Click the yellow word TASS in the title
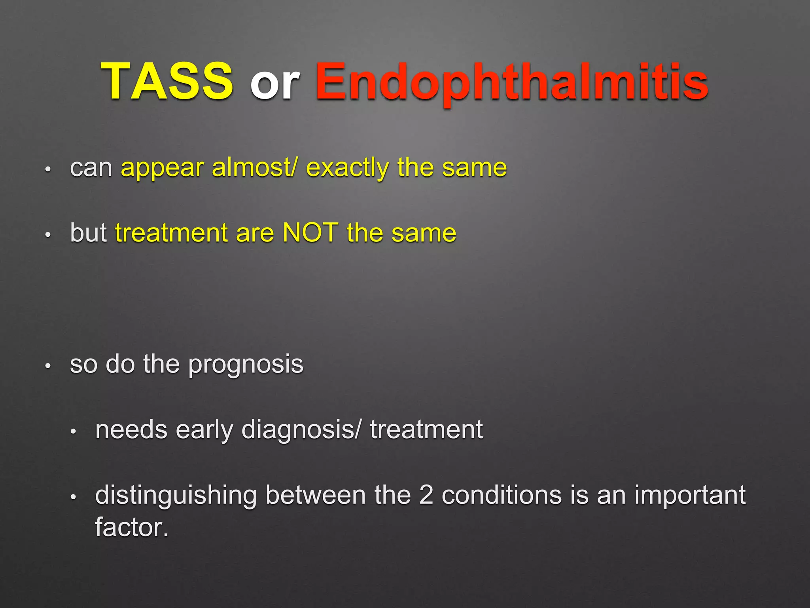pos(167,82)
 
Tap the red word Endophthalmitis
pos(512,82)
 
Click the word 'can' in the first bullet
pos(91,168)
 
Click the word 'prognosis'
pos(246,365)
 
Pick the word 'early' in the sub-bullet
pos(204,430)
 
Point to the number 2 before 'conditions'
pos(426,495)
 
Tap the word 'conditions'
pos(502,495)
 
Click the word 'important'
pos(690,496)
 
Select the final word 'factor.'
pos(132,528)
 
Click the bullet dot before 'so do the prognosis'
pos(48,366)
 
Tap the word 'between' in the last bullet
pos(315,495)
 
